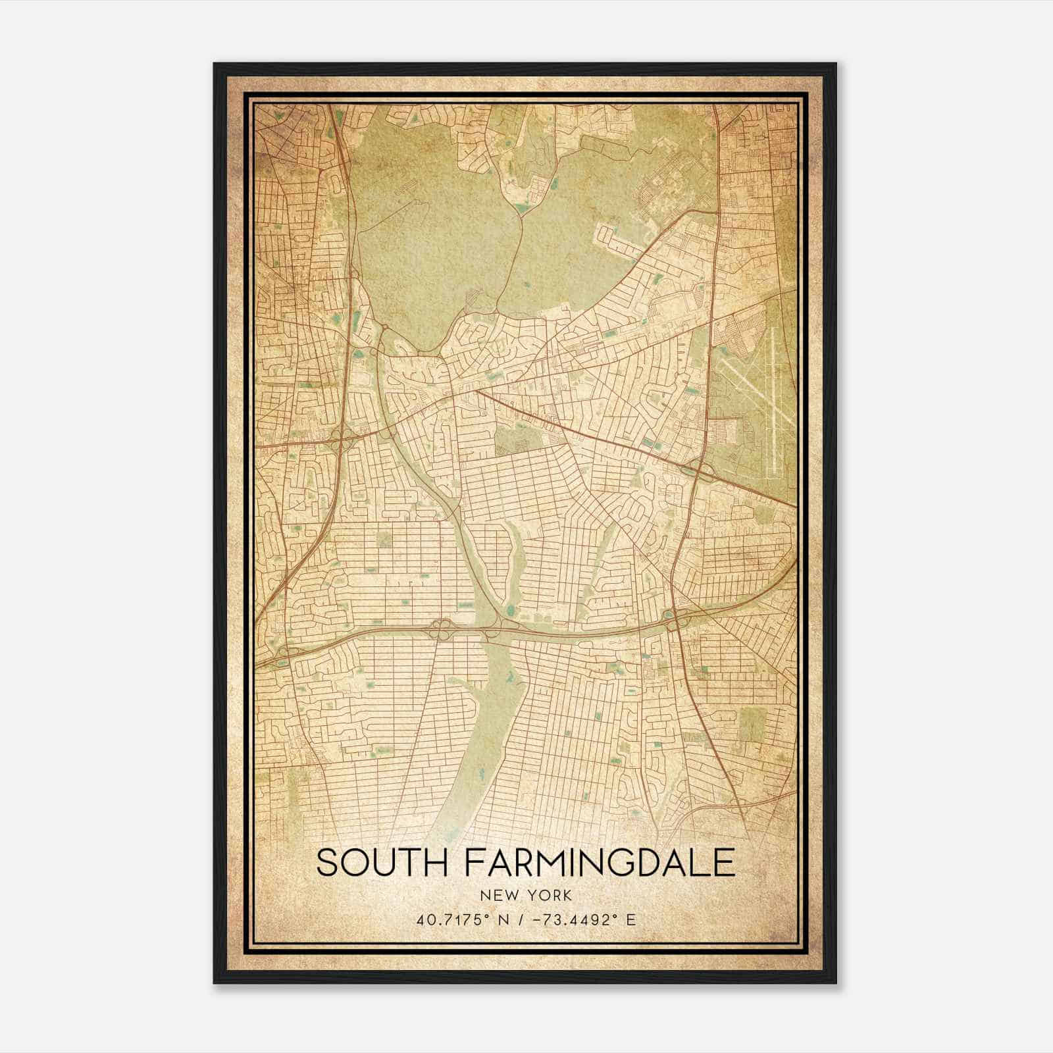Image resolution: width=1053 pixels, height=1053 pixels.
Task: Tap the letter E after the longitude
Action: click(x=631, y=919)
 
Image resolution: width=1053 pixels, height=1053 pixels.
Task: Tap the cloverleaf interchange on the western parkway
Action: click(x=338, y=441)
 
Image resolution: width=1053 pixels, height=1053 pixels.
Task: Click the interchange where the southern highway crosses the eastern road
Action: click(x=675, y=619)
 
